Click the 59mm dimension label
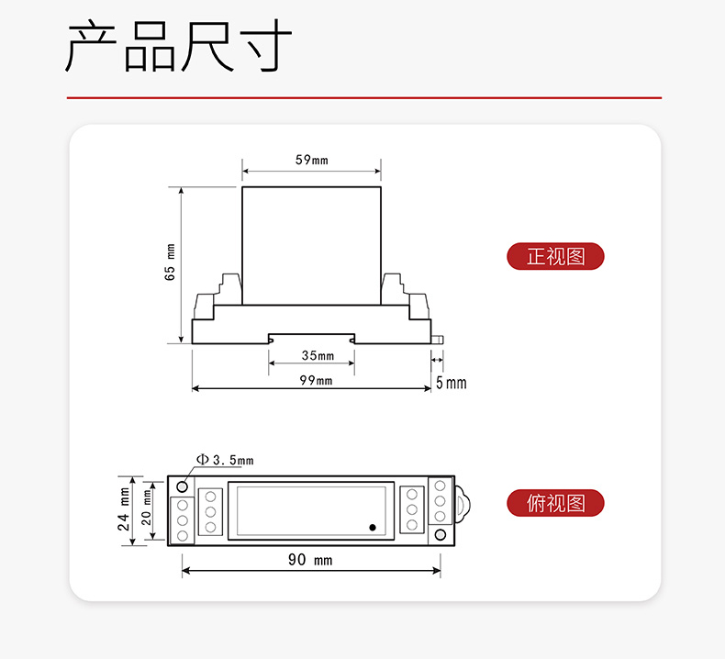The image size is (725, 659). coord(312,160)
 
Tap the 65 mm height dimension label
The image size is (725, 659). coord(170,262)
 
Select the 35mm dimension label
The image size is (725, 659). coord(318,355)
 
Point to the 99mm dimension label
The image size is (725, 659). coord(316,380)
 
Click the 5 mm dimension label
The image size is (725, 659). coord(452,383)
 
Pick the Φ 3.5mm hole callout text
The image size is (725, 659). coord(225,460)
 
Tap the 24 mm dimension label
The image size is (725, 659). coord(124,508)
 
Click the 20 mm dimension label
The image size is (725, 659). coord(146,508)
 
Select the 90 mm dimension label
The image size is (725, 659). coord(310,560)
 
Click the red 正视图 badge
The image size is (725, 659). coord(555,256)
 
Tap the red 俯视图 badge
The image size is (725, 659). coord(555,503)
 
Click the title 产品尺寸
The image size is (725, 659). coord(178,46)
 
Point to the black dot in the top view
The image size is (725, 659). coord(373,527)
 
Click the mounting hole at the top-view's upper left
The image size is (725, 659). coord(183,486)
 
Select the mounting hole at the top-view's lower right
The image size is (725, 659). coord(441,535)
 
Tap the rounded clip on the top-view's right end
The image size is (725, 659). coord(463,505)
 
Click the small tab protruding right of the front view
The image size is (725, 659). coord(437,340)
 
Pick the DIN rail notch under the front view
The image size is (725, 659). coord(312,339)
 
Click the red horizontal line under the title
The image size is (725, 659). coord(364,98)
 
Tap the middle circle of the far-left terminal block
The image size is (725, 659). coord(183,520)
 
